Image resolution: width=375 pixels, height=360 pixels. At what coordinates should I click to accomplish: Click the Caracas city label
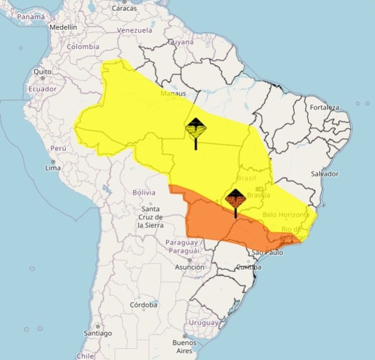pyautogui.click(x=125, y=8)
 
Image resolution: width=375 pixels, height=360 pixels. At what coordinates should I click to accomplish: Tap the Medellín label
pyautogui.click(x=63, y=27)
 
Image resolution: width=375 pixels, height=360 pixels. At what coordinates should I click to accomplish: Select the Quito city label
pyautogui.click(x=42, y=71)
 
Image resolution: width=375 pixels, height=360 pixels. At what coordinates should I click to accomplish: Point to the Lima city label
pyautogui.click(x=53, y=168)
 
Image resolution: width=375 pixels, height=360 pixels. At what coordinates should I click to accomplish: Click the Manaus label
pyautogui.click(x=173, y=93)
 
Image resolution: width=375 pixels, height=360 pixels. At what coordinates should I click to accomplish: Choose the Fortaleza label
pyautogui.click(x=324, y=107)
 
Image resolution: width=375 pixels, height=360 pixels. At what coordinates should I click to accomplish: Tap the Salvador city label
pyautogui.click(x=325, y=174)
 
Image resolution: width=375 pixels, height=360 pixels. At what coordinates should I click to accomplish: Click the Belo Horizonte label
pyautogui.click(x=286, y=215)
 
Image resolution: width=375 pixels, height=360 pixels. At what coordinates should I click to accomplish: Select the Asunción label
pyautogui.click(x=189, y=267)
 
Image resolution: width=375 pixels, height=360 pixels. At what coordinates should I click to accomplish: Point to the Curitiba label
pyautogui.click(x=249, y=267)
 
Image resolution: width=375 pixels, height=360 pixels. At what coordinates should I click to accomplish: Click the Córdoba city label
pyautogui.click(x=144, y=305)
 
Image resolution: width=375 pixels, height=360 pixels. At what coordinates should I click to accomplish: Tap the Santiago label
pyautogui.click(x=98, y=333)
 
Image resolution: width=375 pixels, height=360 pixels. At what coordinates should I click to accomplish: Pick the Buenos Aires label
pyautogui.click(x=184, y=346)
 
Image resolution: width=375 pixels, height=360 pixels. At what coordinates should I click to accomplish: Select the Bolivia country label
pyautogui.click(x=144, y=193)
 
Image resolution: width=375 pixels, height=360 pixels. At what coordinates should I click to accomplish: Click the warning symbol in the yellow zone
pyautogui.click(x=196, y=129)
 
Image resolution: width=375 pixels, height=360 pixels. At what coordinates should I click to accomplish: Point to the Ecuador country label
pyautogui.click(x=42, y=89)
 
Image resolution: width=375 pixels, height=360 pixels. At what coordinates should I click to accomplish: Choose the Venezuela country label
pyautogui.click(x=135, y=30)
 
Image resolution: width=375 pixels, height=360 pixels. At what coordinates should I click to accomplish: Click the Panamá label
pyautogui.click(x=31, y=17)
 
